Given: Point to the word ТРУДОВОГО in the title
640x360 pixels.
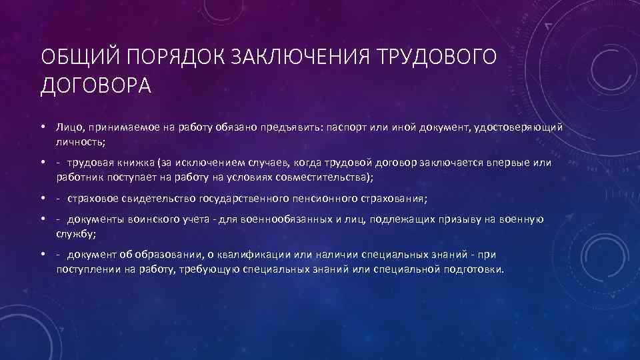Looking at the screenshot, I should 439,58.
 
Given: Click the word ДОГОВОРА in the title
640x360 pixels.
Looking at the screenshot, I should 96,85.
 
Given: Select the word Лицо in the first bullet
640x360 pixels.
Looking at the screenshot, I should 68,127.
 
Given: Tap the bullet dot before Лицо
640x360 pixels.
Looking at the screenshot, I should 41,127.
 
